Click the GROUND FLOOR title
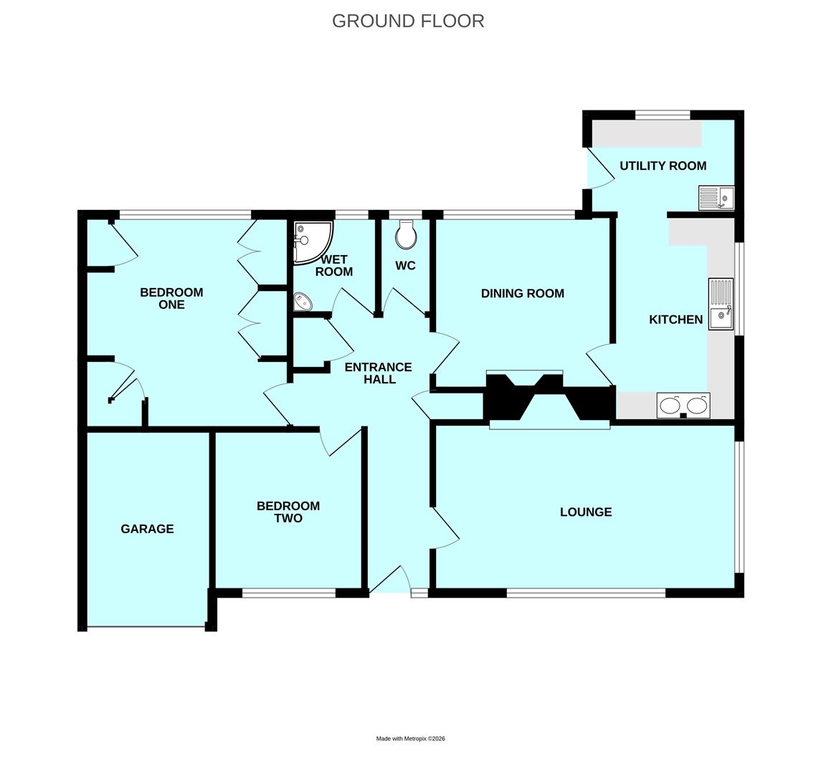(408, 21)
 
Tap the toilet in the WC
(406, 234)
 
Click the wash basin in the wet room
(303, 302)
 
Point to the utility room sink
(716, 198)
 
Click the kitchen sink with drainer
(721, 304)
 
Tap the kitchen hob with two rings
(683, 406)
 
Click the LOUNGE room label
(586, 512)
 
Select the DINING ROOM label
(522, 293)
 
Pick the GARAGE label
(147, 529)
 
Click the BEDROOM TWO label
(288, 512)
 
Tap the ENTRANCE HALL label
(379, 373)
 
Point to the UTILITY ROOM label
(663, 166)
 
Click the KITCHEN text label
(675, 320)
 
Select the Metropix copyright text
(410, 738)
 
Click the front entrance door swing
(391, 579)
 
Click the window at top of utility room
(663, 115)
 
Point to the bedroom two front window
(288, 593)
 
